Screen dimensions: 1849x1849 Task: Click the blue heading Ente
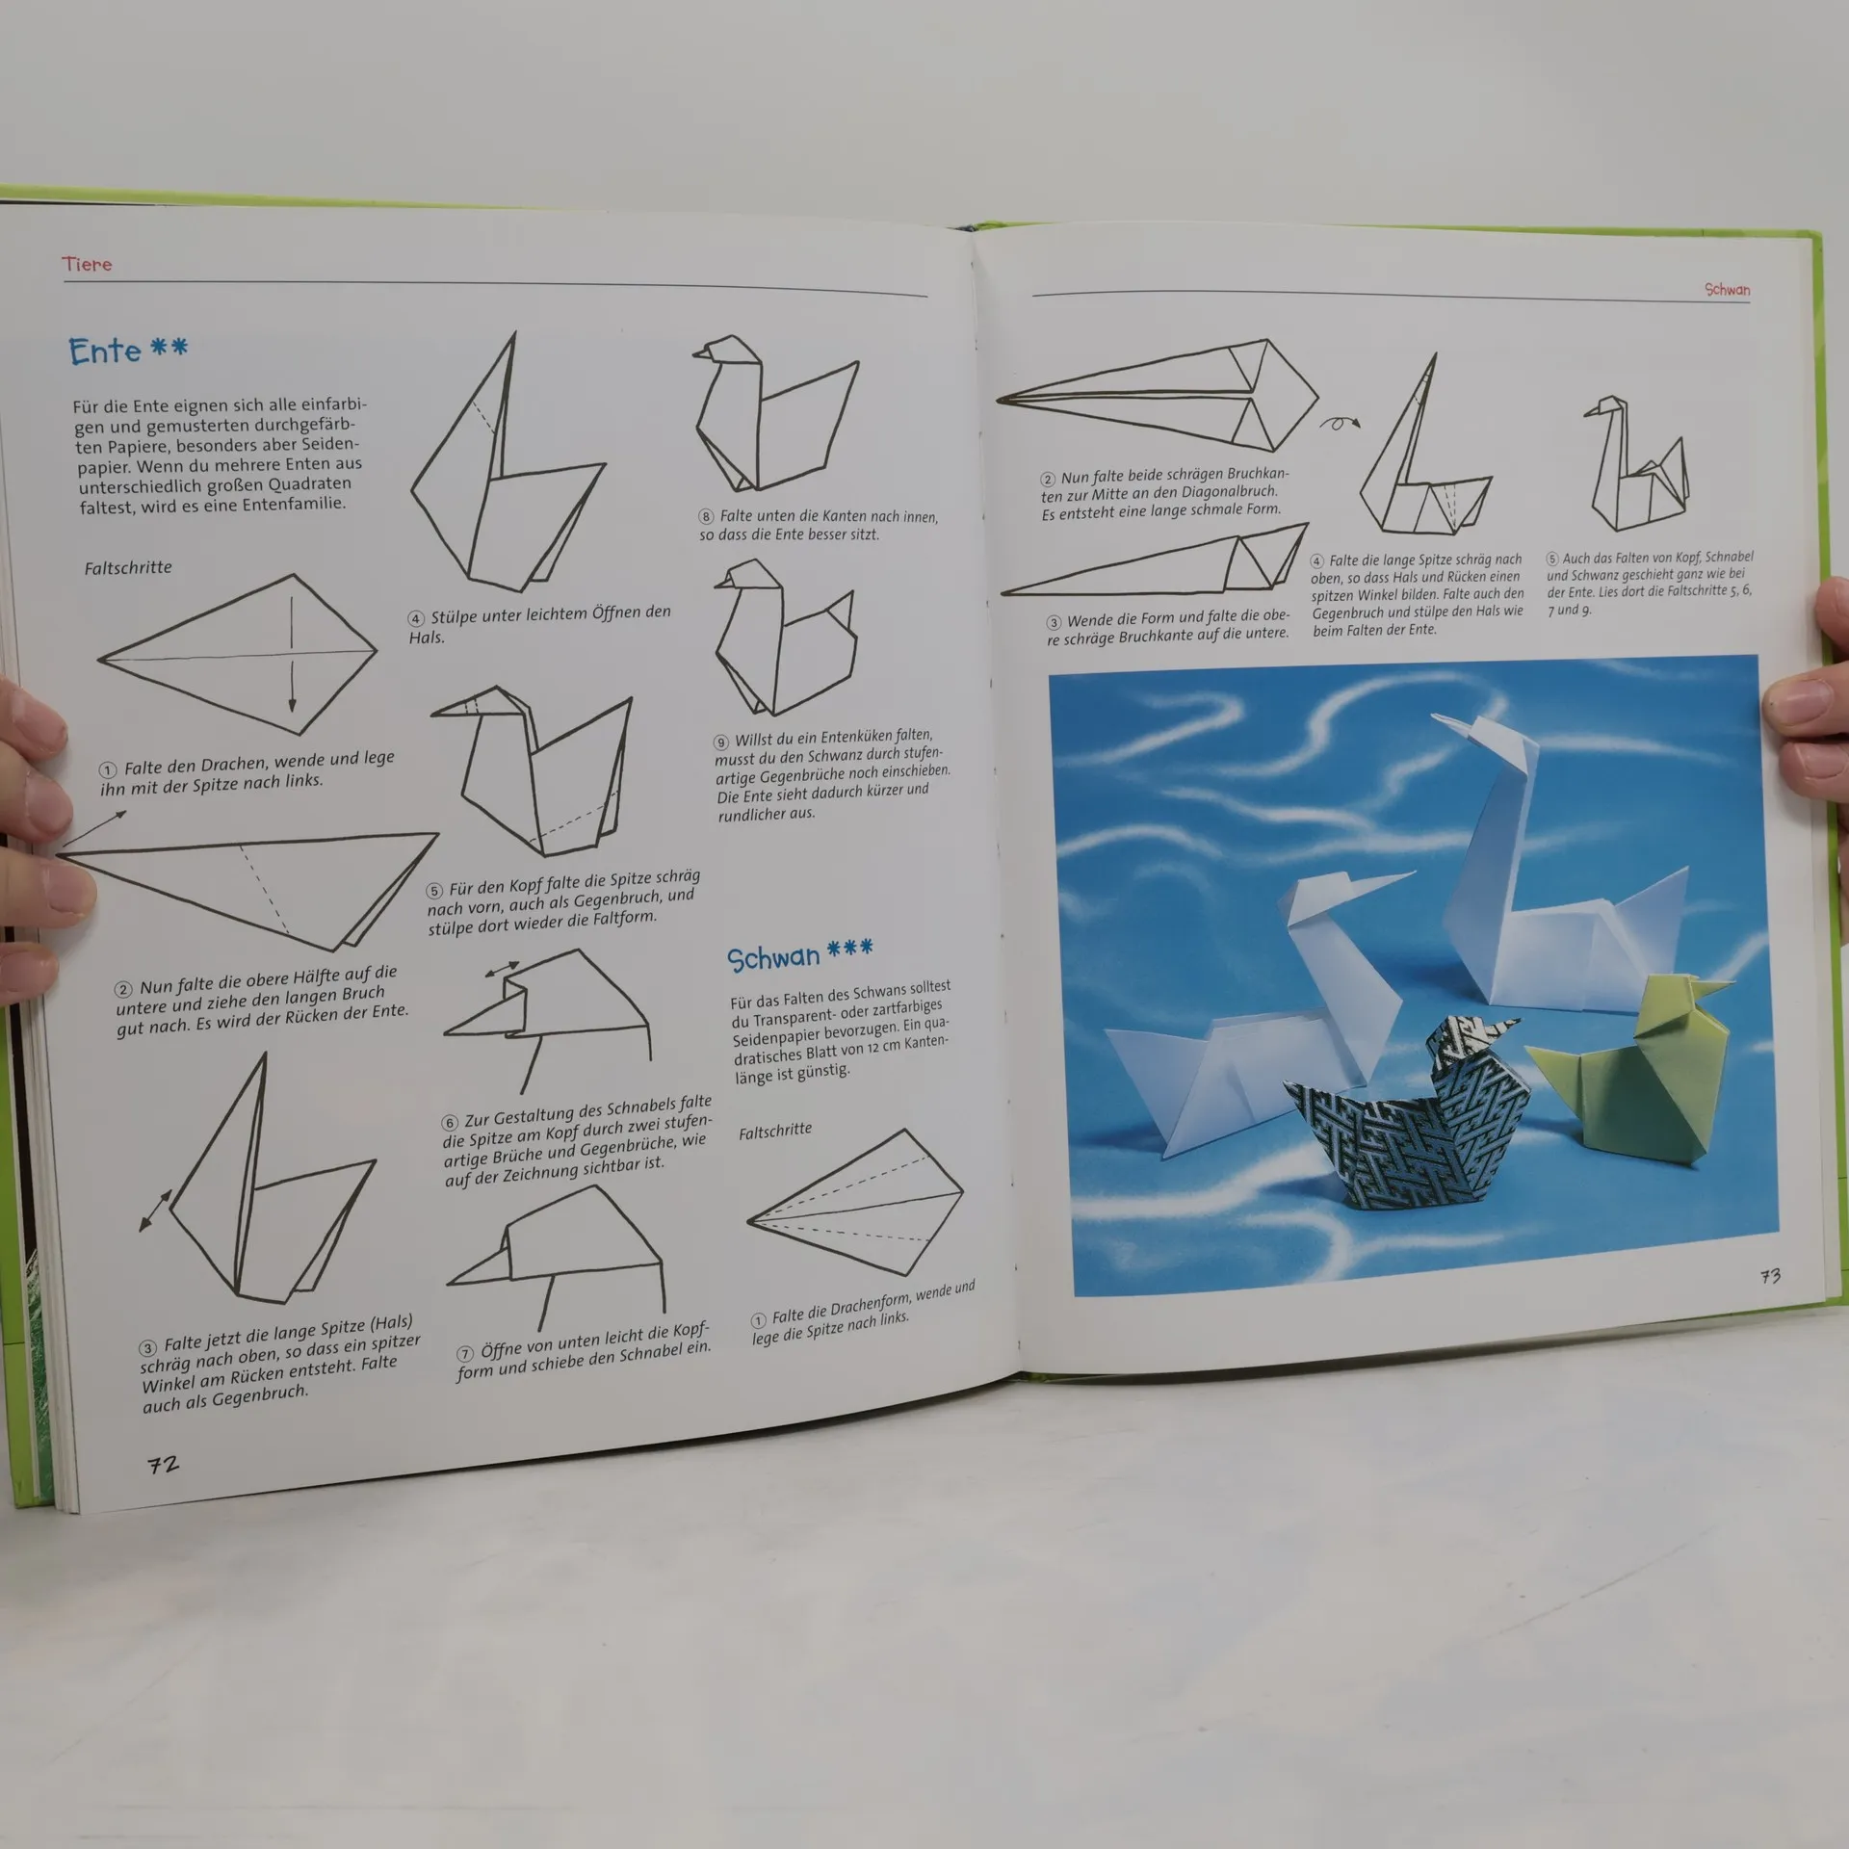pyautogui.click(x=105, y=352)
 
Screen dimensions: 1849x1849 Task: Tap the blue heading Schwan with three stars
pyautogui.click(x=800, y=955)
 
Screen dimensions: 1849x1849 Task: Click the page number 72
pyautogui.click(x=163, y=1465)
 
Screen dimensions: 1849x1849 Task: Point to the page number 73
pyautogui.click(x=1770, y=1276)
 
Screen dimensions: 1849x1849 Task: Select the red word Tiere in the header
pyautogui.click(x=87, y=264)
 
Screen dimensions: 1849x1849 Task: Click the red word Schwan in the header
pyautogui.click(x=1727, y=289)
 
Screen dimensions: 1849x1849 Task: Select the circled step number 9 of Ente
pyautogui.click(x=721, y=742)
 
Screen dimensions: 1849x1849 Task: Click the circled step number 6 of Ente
pyautogui.click(x=450, y=1123)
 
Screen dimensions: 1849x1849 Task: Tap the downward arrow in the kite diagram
pyautogui.click(x=292, y=655)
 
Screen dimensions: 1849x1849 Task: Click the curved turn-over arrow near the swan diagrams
pyautogui.click(x=1339, y=422)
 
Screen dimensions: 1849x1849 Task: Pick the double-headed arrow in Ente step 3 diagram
pyautogui.click(x=155, y=1211)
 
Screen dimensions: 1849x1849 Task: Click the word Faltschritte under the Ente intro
pyautogui.click(x=128, y=568)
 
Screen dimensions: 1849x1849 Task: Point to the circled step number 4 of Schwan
pyautogui.click(x=1316, y=561)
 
